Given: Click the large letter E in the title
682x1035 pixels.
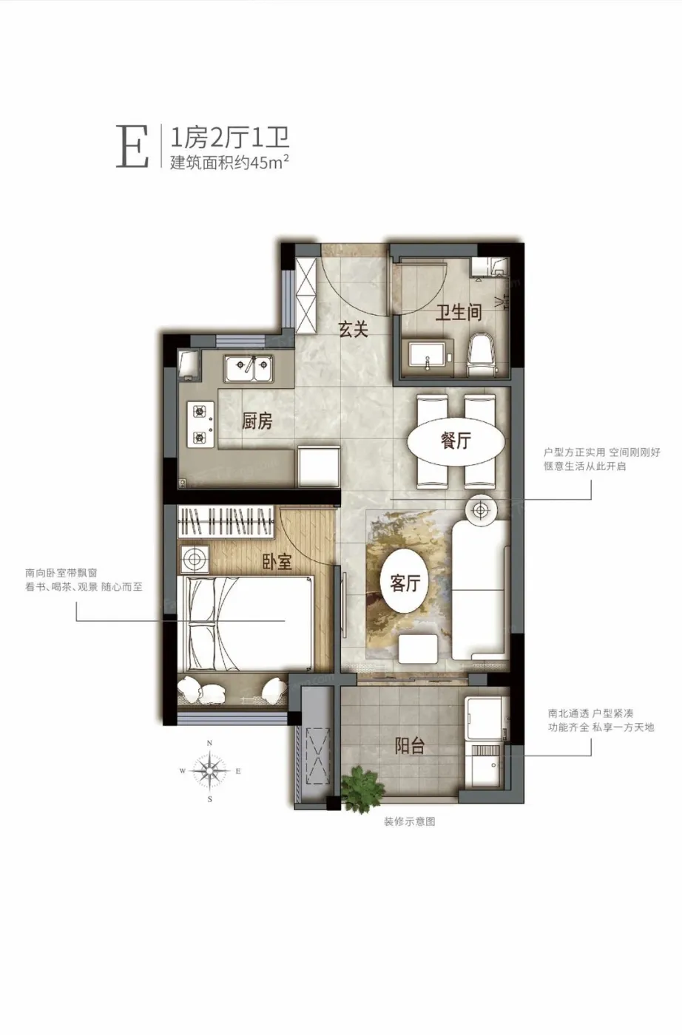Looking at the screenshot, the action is coord(132,146).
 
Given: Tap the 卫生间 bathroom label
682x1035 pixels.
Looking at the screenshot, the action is coord(459,313).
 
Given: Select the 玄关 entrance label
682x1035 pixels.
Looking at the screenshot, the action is coord(354,329).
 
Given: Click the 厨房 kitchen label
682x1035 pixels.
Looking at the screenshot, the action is coord(257,421).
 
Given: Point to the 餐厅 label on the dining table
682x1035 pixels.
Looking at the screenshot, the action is coord(456,441).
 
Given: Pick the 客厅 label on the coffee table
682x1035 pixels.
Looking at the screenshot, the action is coord(405,583).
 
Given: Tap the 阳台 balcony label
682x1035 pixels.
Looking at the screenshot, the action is coord(410,746).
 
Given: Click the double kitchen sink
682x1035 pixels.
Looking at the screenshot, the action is coord(249,368).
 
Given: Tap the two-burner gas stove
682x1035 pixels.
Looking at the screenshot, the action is coord(201,424).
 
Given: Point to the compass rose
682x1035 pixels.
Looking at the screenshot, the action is coord(210,770).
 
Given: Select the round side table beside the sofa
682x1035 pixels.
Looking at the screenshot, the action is coord(481,509).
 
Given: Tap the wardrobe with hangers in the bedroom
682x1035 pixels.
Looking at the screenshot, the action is coord(226,523).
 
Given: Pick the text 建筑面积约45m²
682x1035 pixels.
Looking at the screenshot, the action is coord(229,162).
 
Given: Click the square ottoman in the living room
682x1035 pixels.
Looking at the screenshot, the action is coord(418,650).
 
